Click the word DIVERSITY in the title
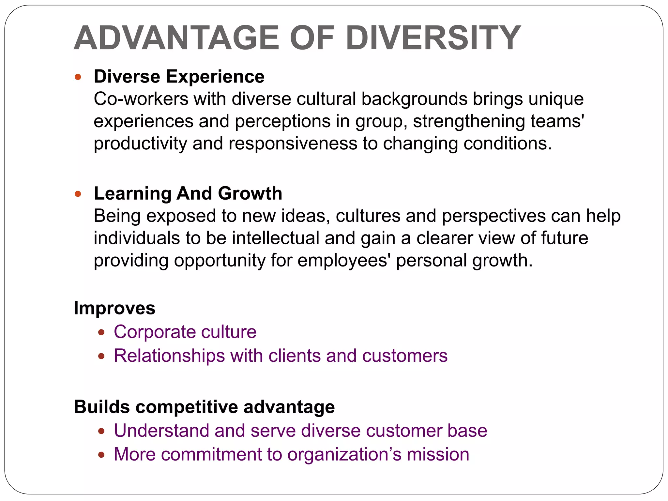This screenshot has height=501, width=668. point(433,38)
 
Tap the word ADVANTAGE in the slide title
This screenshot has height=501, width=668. point(176,38)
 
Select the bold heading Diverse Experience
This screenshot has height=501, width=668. point(179,77)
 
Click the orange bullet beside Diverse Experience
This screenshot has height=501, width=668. point(78,77)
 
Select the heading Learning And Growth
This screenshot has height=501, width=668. point(188,193)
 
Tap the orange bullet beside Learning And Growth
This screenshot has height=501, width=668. point(78,194)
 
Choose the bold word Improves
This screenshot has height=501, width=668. point(114,308)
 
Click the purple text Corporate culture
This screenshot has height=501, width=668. point(185,332)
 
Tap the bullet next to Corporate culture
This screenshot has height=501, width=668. point(101,333)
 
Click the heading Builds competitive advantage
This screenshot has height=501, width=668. point(204,407)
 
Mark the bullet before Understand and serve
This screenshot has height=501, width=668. point(101,431)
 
